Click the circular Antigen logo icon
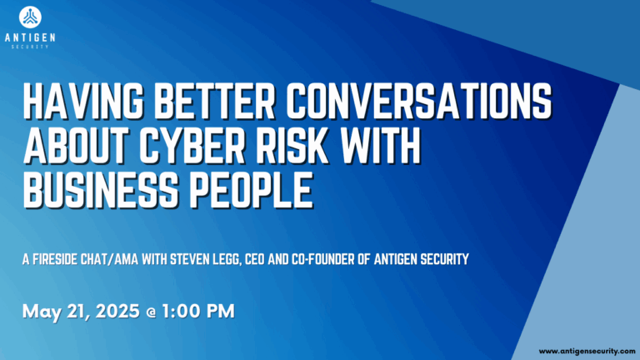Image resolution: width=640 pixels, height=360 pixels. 30,17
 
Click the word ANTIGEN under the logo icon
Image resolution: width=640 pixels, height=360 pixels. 30,38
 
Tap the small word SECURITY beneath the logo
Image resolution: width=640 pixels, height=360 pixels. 30,47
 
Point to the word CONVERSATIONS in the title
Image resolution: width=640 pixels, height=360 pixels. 419,100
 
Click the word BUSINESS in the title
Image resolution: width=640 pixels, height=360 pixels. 101,190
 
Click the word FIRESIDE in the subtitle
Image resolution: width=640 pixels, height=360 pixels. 55,260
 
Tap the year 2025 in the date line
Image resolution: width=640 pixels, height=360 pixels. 117,311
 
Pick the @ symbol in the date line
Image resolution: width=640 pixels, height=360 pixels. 151,312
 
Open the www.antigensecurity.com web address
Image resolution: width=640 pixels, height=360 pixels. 587,351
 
